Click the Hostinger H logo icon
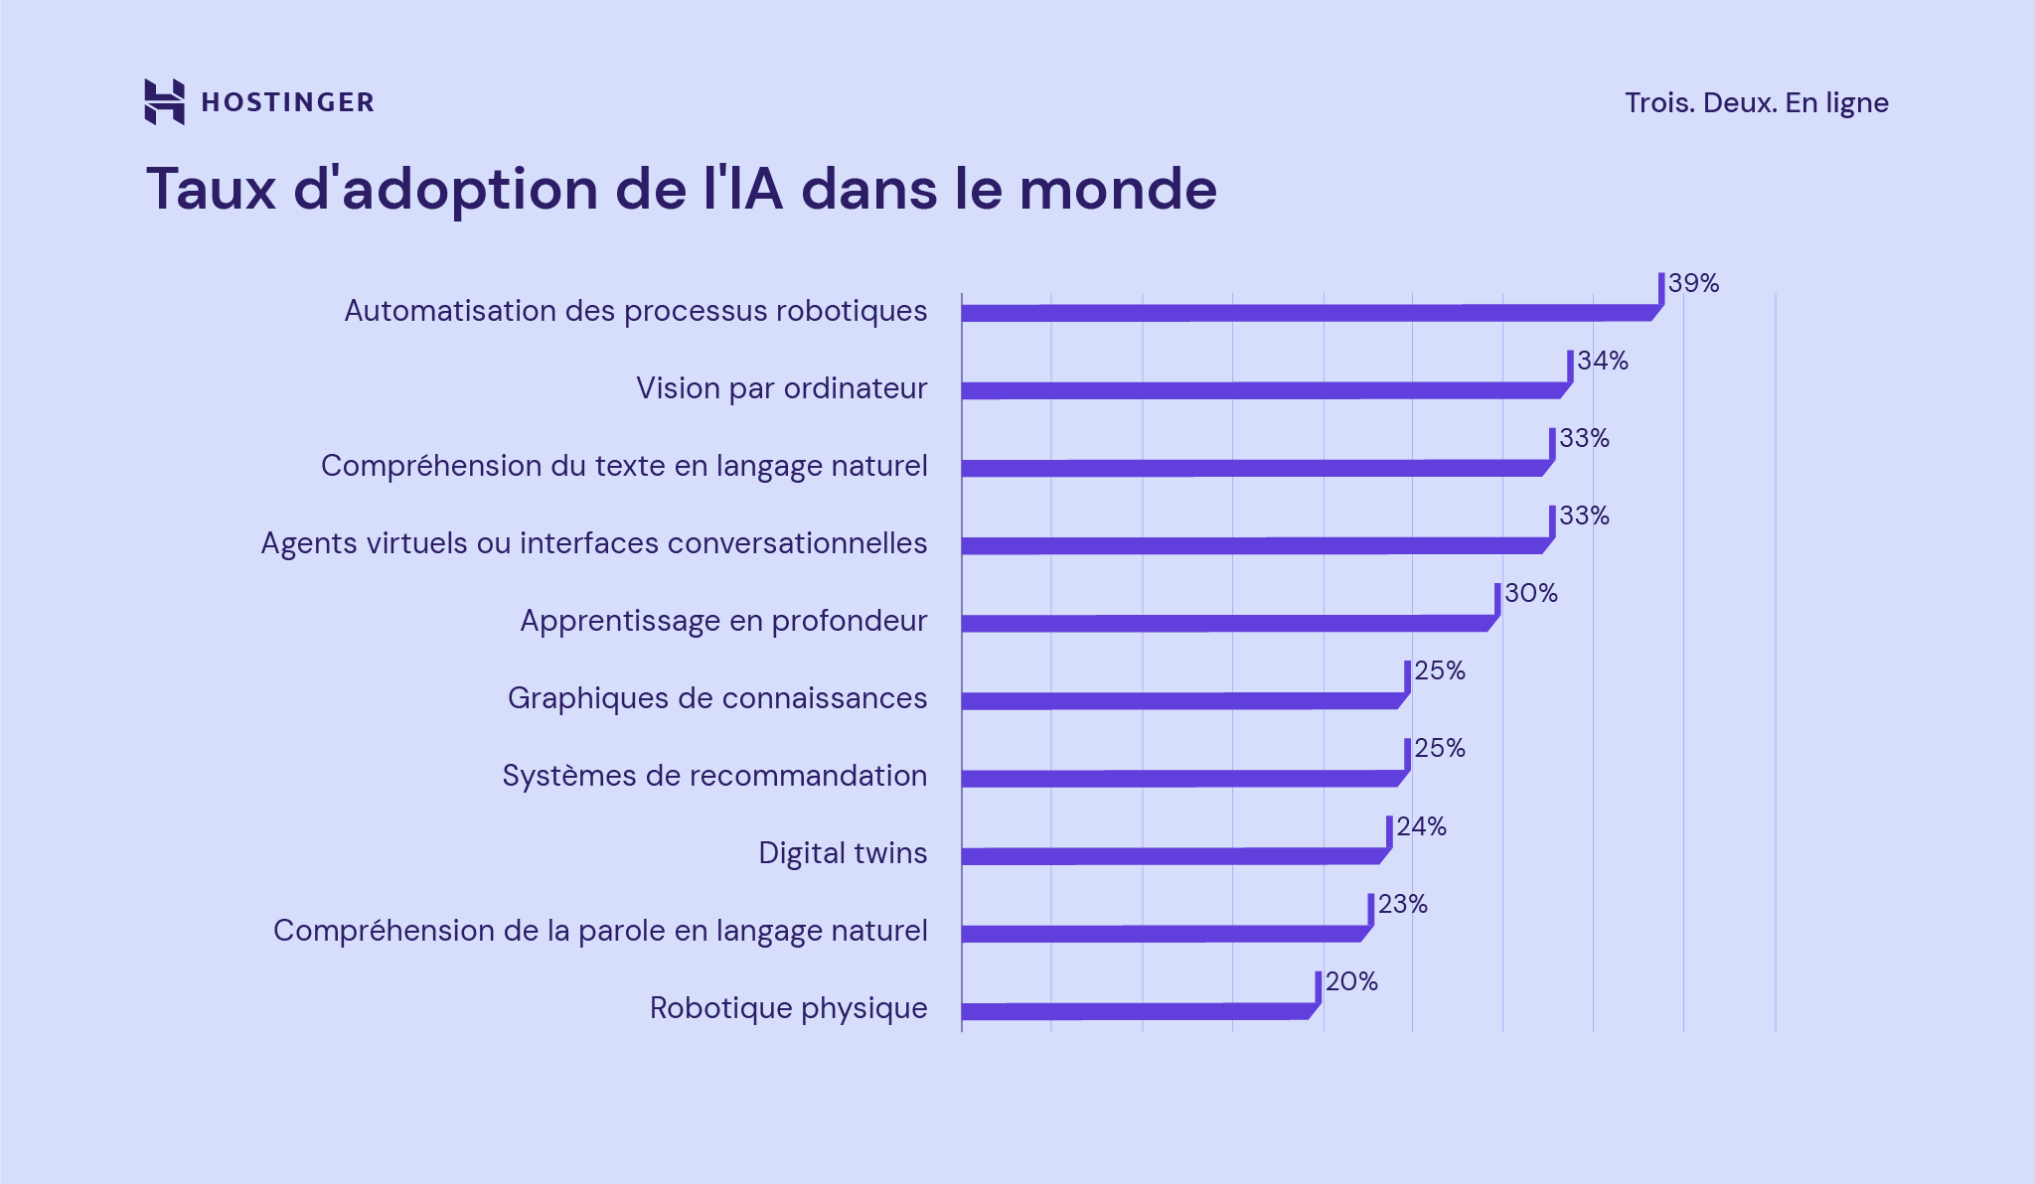pyautogui.click(x=164, y=101)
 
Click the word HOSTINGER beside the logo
pyautogui.click(x=287, y=102)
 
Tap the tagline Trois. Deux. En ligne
pyautogui.click(x=1756, y=103)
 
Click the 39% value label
pyautogui.click(x=1693, y=284)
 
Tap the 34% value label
pyautogui.click(x=1603, y=362)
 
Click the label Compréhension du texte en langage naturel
pyautogui.click(x=624, y=466)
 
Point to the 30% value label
pyautogui.click(x=1530, y=594)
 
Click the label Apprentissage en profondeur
pyautogui.click(x=723, y=621)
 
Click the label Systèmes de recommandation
pyautogui.click(x=714, y=776)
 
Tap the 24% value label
pyautogui.click(x=1421, y=826)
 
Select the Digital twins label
pyautogui.click(x=843, y=853)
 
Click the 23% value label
pyautogui.click(x=1402, y=904)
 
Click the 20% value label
pyautogui.click(x=1351, y=981)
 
